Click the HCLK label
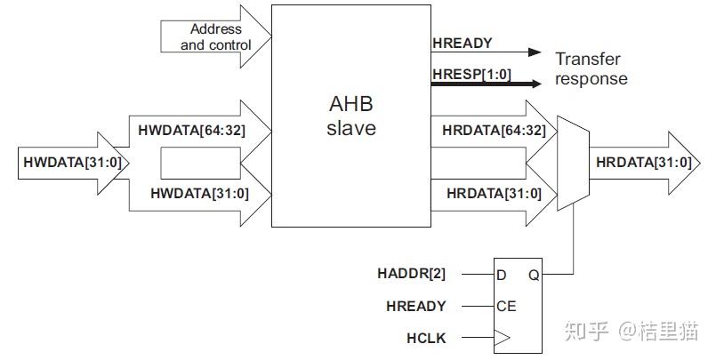[x=425, y=339]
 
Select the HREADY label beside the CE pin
[x=415, y=307]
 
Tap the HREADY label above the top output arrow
[x=463, y=43]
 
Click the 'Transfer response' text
[x=591, y=69]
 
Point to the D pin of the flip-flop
[x=502, y=274]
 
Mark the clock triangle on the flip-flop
[x=503, y=338]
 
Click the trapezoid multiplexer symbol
[x=570, y=163]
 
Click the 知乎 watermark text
[x=590, y=332]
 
